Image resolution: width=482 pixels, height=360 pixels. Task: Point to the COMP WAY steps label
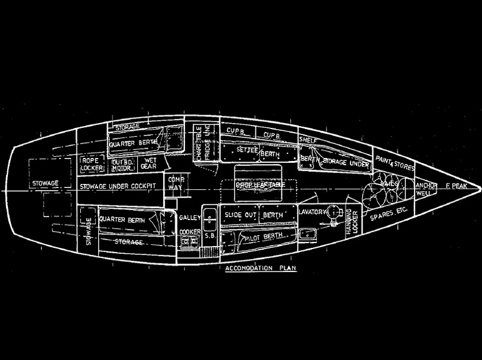[175, 182]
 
